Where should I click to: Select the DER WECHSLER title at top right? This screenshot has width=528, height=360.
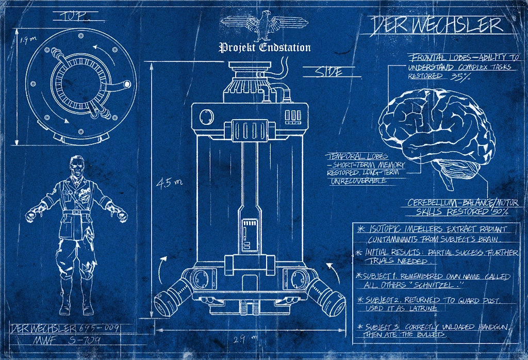pyautogui.click(x=436, y=25)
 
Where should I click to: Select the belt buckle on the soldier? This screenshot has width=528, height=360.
pyautogui.click(x=76, y=211)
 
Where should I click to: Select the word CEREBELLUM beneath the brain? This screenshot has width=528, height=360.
pyautogui.click(x=431, y=203)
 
